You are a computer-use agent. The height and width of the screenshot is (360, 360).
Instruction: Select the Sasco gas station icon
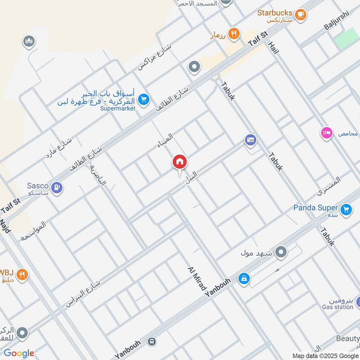tap(57, 186)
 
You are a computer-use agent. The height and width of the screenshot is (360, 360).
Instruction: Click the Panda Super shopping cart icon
tap(346, 209)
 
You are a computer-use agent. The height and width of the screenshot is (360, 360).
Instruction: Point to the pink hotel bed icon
tap(326, 133)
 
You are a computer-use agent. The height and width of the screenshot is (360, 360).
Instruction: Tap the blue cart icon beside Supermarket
tap(144, 99)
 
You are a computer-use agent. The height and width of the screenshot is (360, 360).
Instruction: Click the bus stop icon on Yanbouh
tap(152, 342)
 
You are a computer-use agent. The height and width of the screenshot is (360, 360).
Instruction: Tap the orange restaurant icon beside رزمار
tap(233, 33)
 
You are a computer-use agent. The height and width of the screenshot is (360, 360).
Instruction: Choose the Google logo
tap(19, 353)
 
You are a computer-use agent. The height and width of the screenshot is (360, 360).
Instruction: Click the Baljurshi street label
tap(336, 20)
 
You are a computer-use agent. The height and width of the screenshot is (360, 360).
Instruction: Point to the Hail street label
tap(274, 45)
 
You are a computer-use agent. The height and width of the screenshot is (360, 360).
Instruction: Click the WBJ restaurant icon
tap(22, 274)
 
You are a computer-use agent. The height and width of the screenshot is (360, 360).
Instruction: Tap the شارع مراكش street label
tap(154, 57)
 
